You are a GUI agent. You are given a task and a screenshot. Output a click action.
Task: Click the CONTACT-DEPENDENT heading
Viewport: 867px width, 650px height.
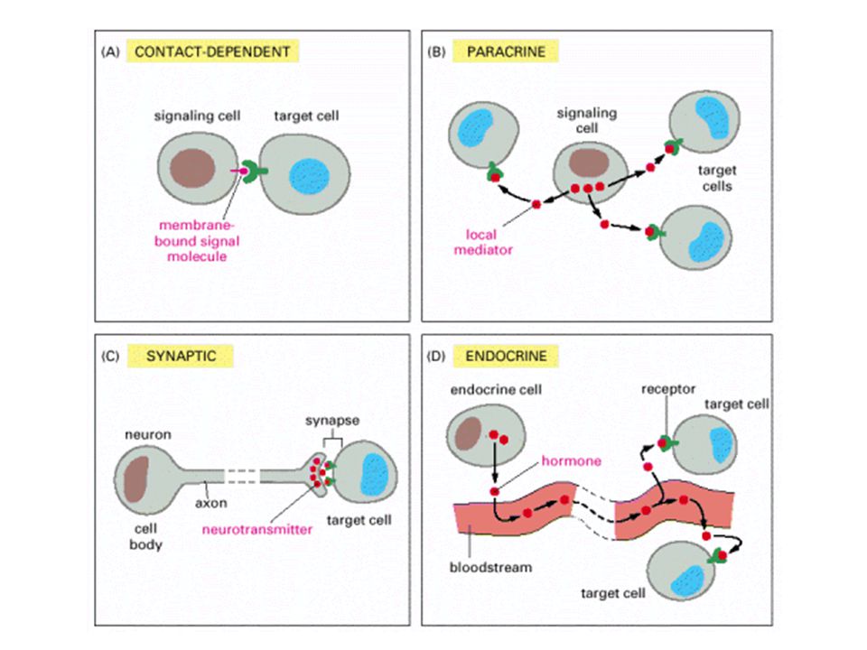pos(212,52)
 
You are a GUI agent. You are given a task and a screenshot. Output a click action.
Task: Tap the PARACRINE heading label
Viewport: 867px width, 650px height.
pos(506,52)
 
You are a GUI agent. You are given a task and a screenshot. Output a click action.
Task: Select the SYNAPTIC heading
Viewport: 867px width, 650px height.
pos(181,356)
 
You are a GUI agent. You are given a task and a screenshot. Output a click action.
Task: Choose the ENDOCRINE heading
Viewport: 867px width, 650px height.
pos(506,356)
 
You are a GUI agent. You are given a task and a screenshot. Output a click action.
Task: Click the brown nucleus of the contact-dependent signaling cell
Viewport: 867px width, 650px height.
pos(192,168)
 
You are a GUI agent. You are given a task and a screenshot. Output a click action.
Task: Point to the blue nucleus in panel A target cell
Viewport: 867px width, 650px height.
pos(310,177)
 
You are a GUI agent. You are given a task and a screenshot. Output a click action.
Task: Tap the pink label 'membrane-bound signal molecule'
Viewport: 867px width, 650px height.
pos(197,241)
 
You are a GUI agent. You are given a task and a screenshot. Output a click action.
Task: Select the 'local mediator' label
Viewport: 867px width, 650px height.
pos(482,242)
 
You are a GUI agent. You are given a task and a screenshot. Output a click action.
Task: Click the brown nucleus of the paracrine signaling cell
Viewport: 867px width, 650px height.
pos(589,163)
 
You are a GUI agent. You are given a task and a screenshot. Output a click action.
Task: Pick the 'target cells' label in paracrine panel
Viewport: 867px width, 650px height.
pos(717,178)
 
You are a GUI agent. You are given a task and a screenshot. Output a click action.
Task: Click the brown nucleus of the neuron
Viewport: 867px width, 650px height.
pos(136,478)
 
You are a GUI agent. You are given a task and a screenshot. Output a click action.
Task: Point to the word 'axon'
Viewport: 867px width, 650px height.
pos(210,504)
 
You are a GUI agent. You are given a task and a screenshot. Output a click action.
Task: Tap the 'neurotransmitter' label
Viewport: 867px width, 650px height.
pos(257,530)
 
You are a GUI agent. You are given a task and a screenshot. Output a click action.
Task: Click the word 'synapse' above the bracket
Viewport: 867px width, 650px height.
pos(332,421)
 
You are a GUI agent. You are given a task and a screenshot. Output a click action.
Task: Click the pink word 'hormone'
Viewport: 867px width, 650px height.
pos(571,461)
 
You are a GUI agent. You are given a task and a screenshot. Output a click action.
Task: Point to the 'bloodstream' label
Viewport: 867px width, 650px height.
pos(490,567)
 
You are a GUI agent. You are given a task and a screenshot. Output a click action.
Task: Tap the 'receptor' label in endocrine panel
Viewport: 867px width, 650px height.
pos(668,390)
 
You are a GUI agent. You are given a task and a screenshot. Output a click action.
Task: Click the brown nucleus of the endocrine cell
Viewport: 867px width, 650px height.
pos(469,434)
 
